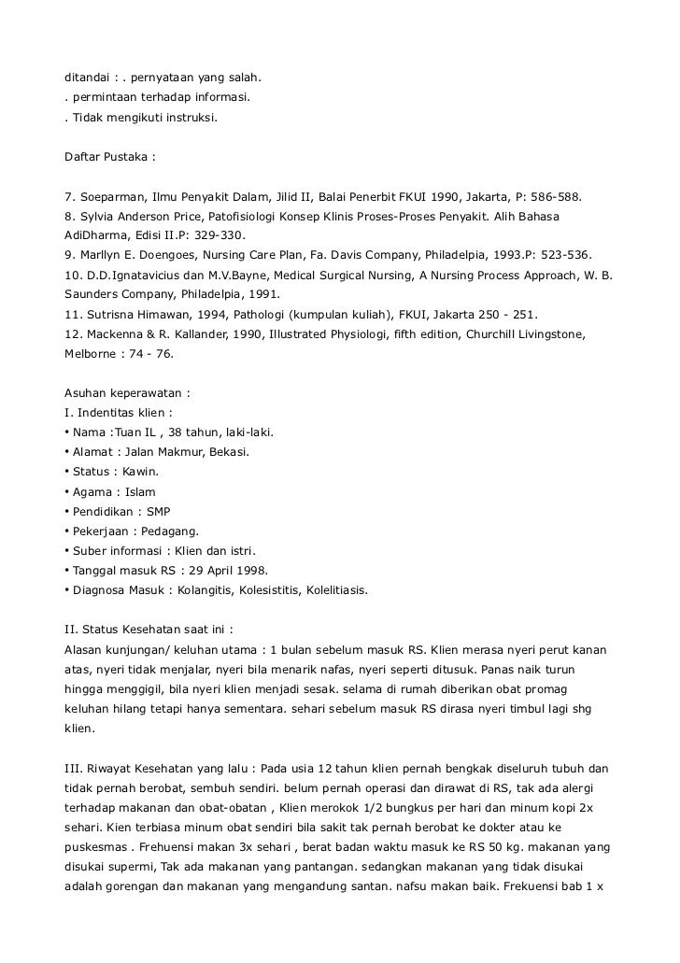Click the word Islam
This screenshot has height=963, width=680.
pyautogui.click(x=139, y=491)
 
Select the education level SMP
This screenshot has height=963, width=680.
pyautogui.click(x=158, y=511)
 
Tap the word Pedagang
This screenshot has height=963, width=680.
pyautogui.click(x=163, y=531)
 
